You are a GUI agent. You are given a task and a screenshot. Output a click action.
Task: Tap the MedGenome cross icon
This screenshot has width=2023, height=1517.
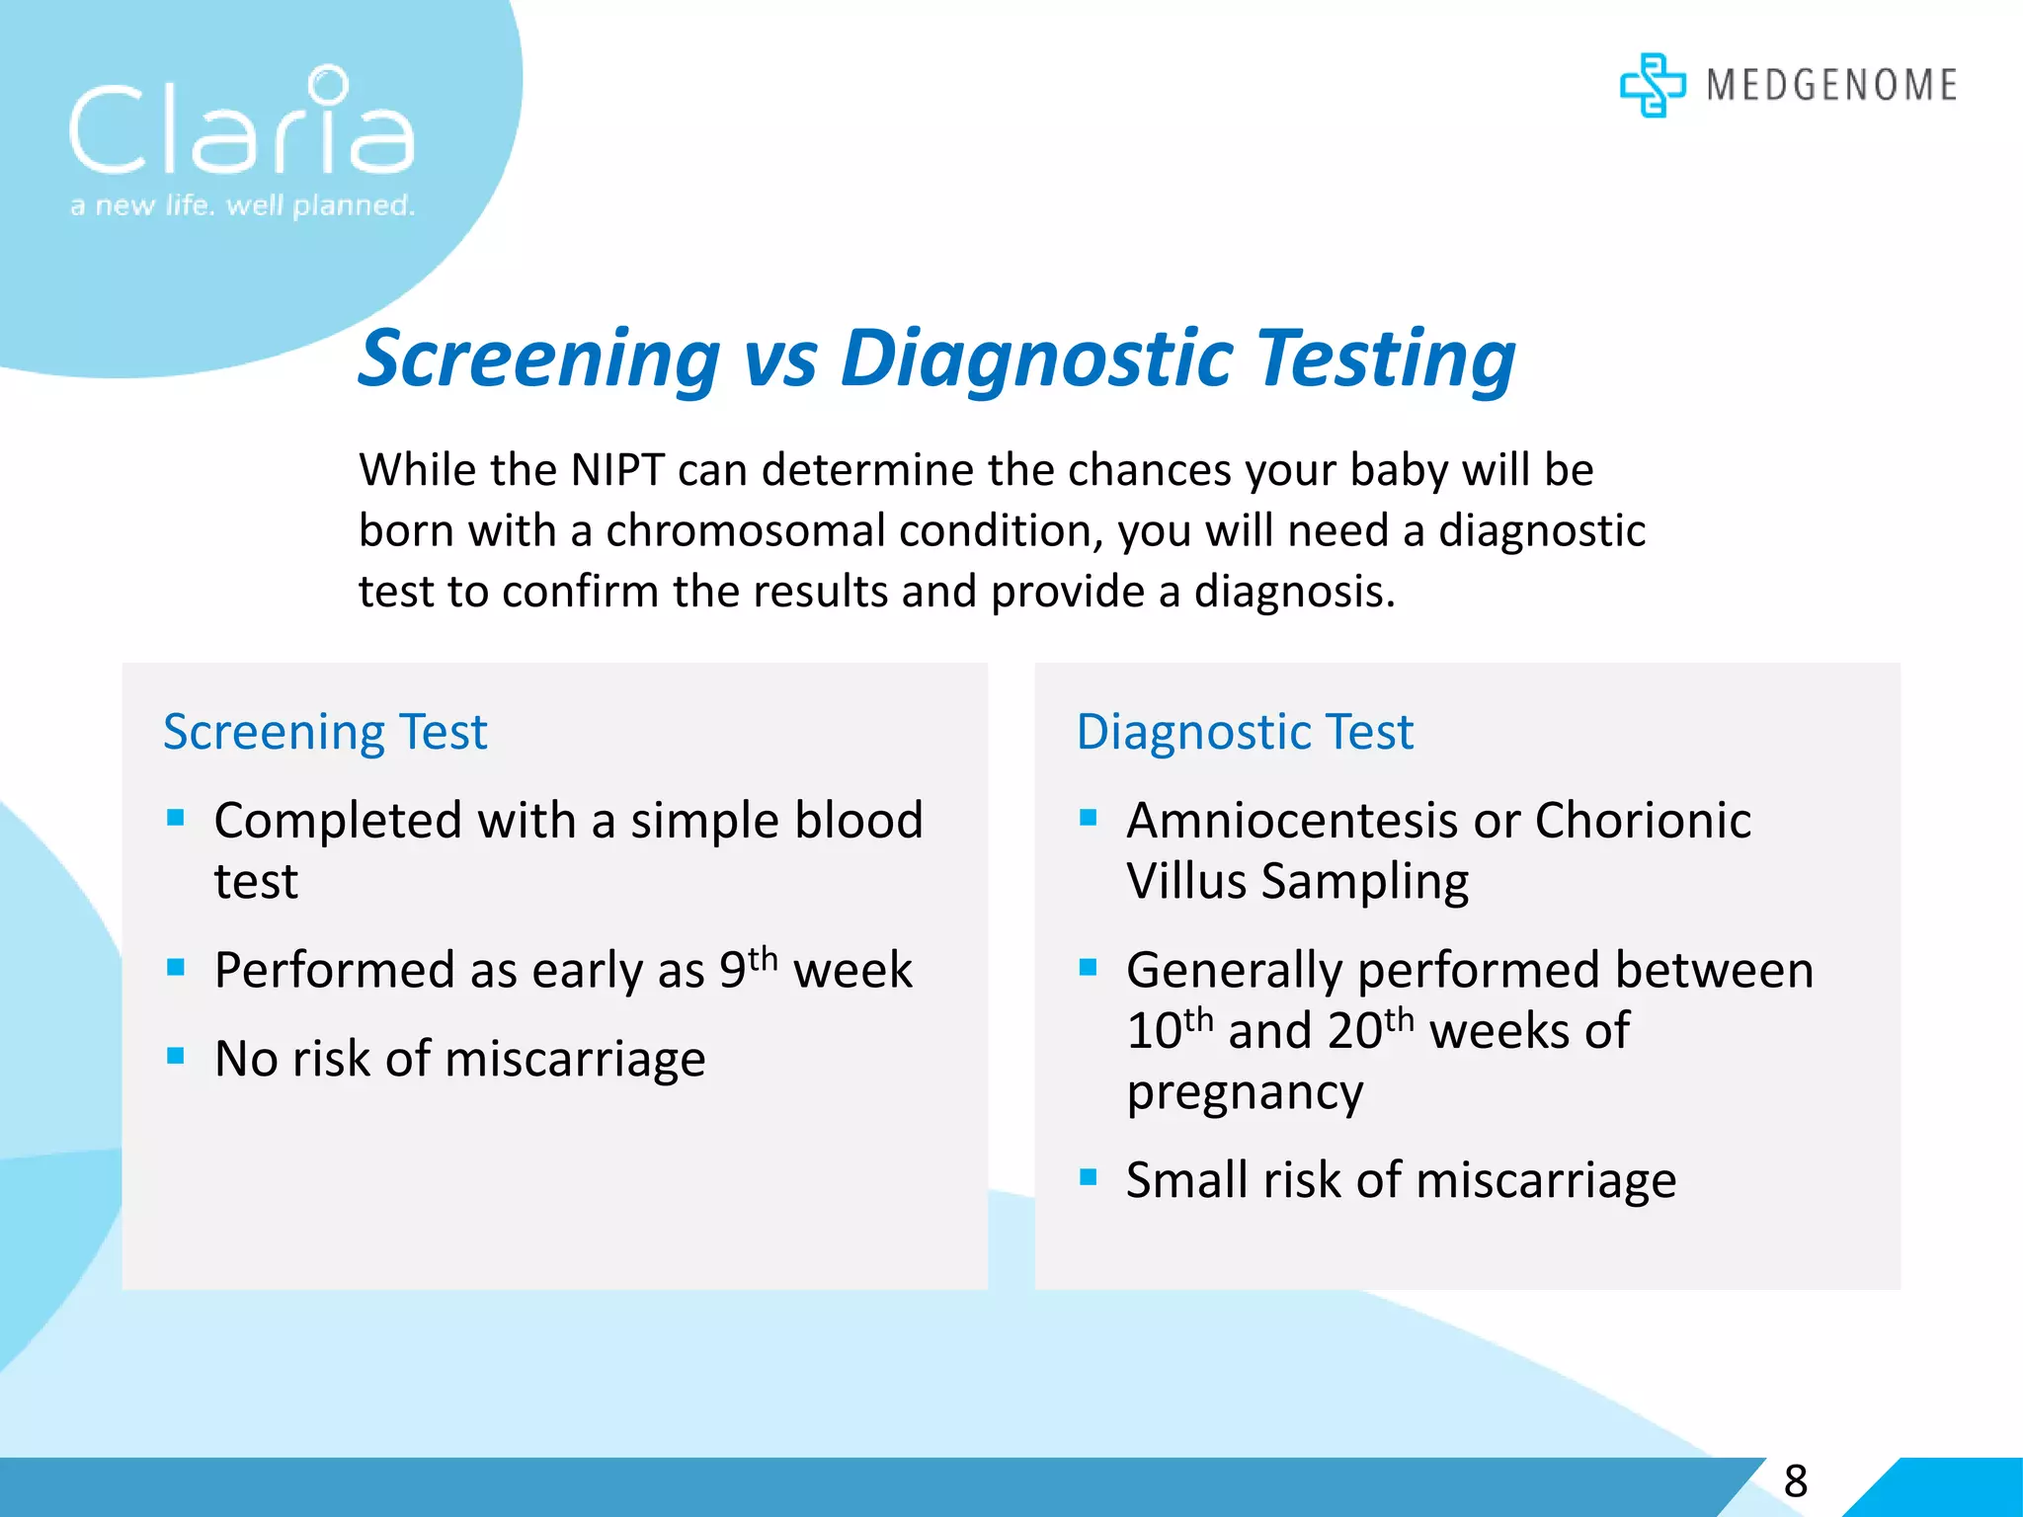pos(1652,85)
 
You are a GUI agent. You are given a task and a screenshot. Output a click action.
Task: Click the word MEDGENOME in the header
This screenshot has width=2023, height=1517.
pos(1831,85)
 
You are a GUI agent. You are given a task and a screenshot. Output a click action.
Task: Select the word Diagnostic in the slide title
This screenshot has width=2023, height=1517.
pos(1037,359)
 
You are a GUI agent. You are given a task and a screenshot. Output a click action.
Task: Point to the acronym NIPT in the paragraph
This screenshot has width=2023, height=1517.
pos(617,470)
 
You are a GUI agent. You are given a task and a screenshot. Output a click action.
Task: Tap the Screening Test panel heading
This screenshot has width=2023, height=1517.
pos(325,732)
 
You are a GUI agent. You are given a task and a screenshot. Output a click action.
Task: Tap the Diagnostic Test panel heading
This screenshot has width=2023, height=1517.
pos(1245,732)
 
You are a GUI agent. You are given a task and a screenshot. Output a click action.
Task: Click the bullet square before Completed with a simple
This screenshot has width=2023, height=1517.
pos(176,818)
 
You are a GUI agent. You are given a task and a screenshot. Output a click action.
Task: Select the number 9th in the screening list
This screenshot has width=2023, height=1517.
pos(748,968)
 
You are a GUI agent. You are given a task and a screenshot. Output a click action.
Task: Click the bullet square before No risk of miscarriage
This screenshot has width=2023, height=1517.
pos(176,1056)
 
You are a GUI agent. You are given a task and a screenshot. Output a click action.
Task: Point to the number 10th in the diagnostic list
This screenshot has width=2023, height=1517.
pos(1170,1029)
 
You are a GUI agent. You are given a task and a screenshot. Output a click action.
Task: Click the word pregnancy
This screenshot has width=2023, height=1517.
pos(1245,1092)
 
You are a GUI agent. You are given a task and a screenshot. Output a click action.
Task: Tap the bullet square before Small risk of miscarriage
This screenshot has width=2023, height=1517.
pos(1089,1177)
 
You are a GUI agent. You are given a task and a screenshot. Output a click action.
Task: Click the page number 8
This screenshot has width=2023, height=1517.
pos(1795,1481)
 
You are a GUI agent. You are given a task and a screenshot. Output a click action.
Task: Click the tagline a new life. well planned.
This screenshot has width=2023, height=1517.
pos(242,205)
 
